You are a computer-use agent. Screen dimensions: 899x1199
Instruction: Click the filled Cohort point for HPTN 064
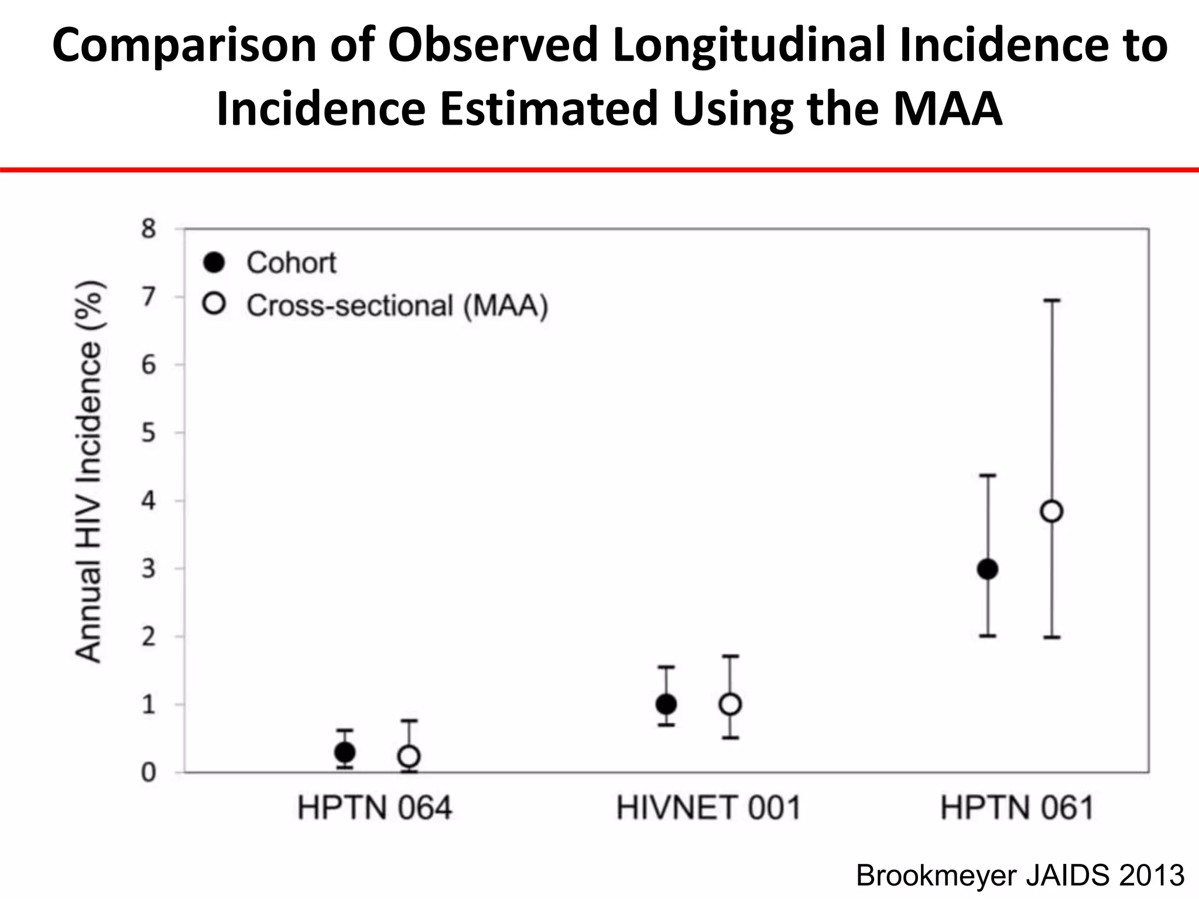click(345, 752)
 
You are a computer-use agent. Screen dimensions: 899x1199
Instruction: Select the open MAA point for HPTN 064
click(409, 756)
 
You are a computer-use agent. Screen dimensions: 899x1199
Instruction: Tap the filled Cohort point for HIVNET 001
click(666, 704)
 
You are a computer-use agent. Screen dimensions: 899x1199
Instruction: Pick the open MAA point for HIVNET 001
click(730, 704)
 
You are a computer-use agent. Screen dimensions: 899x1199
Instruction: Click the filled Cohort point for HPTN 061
click(988, 569)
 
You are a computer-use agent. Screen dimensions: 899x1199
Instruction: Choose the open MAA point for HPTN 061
click(1052, 512)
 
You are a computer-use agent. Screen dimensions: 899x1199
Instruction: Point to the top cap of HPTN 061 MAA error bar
click(1052, 300)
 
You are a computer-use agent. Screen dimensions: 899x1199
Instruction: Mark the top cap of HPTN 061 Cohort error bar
click(988, 475)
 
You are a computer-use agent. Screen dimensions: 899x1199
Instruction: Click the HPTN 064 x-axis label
click(375, 808)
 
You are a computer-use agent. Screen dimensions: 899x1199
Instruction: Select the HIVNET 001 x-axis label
click(708, 808)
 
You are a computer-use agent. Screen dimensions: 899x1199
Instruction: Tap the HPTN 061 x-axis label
click(1018, 808)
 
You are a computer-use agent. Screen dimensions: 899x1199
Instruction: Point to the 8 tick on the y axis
click(149, 228)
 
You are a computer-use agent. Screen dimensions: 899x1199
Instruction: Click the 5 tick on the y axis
click(149, 433)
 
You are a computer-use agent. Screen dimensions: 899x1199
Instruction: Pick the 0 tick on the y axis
click(149, 773)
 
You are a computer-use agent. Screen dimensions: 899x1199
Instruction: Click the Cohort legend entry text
click(291, 263)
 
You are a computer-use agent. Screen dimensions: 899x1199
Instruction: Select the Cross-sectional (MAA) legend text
click(397, 306)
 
